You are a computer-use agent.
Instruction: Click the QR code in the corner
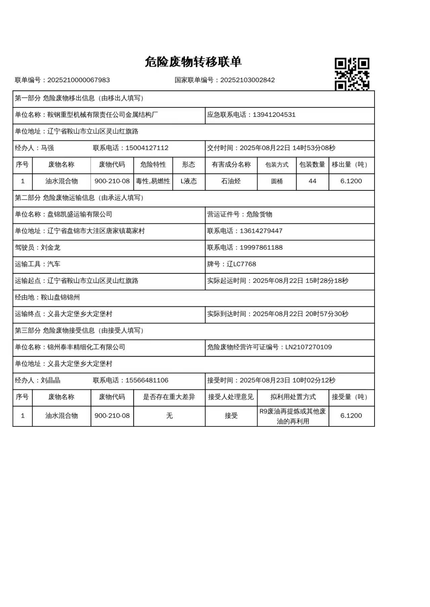click(352, 74)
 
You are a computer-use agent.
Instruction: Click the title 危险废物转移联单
click(193, 62)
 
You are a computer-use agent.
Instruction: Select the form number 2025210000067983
click(78, 80)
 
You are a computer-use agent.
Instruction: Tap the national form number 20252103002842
click(247, 80)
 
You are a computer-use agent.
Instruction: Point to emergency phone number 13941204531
click(274, 115)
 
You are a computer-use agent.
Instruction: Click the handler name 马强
click(47, 148)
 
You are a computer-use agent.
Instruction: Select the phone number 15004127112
click(147, 148)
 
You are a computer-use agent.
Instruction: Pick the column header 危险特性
click(153, 165)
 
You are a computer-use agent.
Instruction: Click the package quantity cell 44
click(312, 181)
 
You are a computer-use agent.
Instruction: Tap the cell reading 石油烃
click(231, 181)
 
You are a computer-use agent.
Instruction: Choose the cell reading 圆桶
click(277, 181)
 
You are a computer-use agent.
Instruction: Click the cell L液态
click(189, 181)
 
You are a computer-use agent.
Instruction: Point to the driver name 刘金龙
click(50, 248)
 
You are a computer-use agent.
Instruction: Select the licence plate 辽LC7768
click(241, 264)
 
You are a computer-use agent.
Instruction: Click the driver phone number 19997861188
click(261, 248)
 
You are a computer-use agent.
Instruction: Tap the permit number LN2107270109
click(308, 347)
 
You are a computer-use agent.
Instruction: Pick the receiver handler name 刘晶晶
click(50, 380)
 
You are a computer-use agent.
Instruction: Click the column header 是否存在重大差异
click(169, 397)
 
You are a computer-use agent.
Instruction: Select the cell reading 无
click(169, 416)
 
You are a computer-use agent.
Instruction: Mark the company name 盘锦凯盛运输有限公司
click(80, 215)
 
